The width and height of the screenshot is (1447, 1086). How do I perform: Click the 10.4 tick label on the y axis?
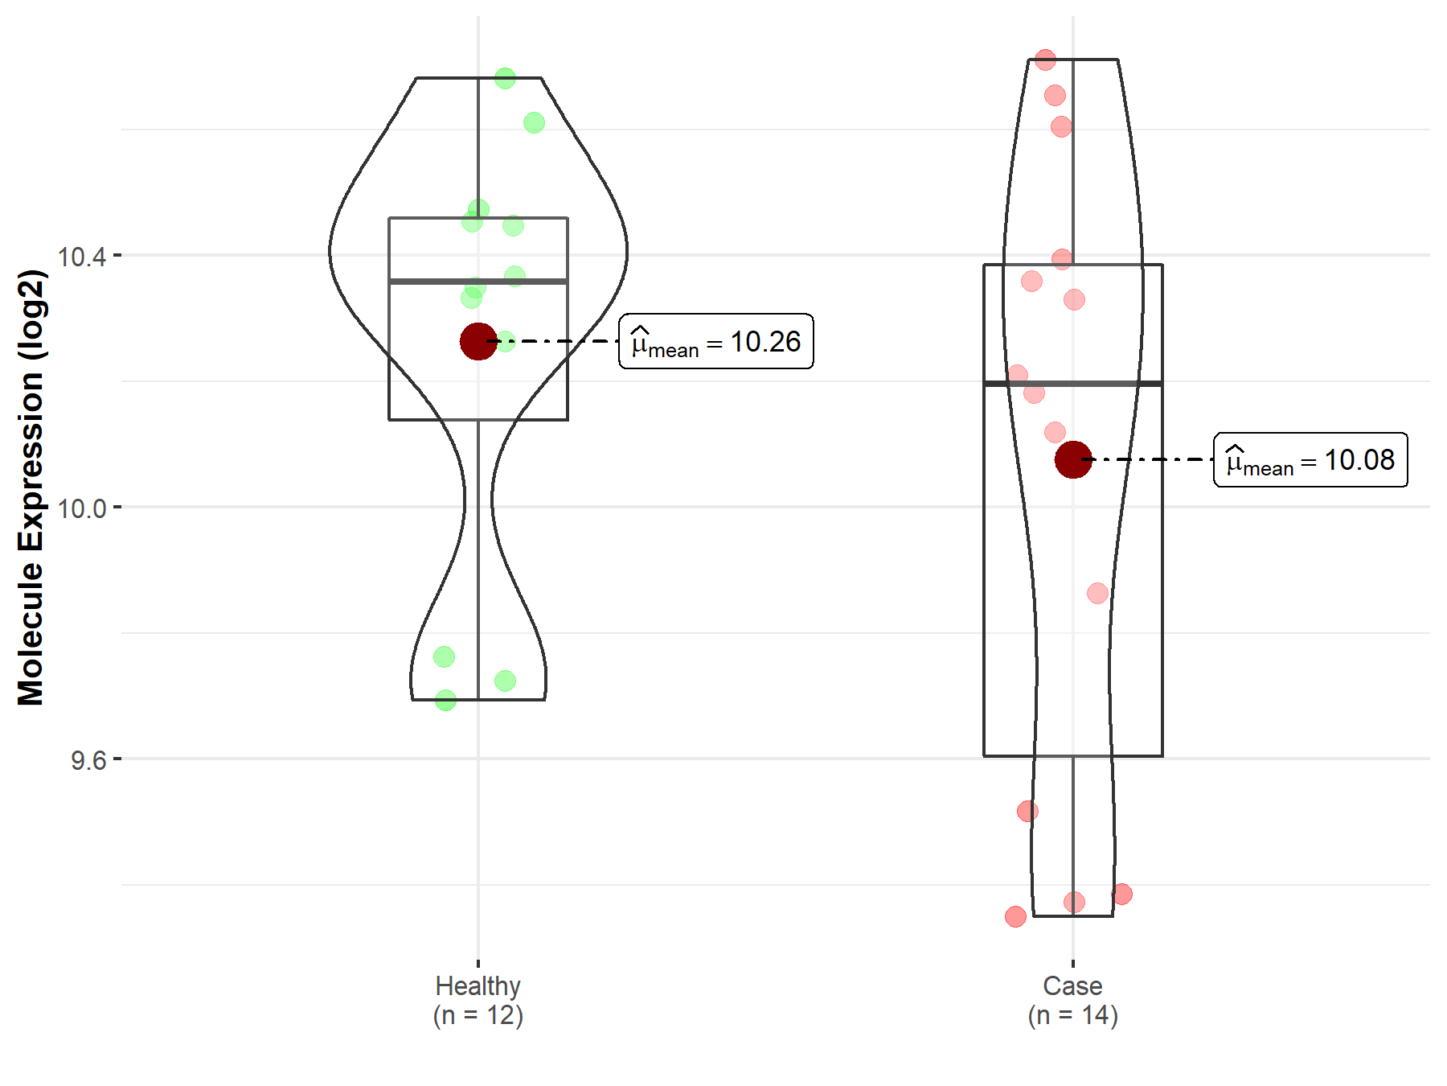click(82, 257)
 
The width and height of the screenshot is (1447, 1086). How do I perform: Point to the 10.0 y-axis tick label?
click(82, 508)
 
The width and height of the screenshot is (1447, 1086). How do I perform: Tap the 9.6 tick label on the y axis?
click(88, 760)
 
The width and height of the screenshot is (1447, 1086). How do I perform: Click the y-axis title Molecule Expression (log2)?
click(31, 487)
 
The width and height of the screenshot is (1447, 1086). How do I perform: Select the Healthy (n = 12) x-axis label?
click(478, 1001)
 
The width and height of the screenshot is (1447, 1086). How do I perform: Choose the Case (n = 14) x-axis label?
click(1073, 1001)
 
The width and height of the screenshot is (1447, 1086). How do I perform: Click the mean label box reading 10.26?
click(716, 342)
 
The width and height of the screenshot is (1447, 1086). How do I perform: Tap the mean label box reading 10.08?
click(1310, 459)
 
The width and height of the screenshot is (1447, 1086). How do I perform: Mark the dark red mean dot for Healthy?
click(478, 342)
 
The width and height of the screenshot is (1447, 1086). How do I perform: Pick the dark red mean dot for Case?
click(1073, 459)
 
